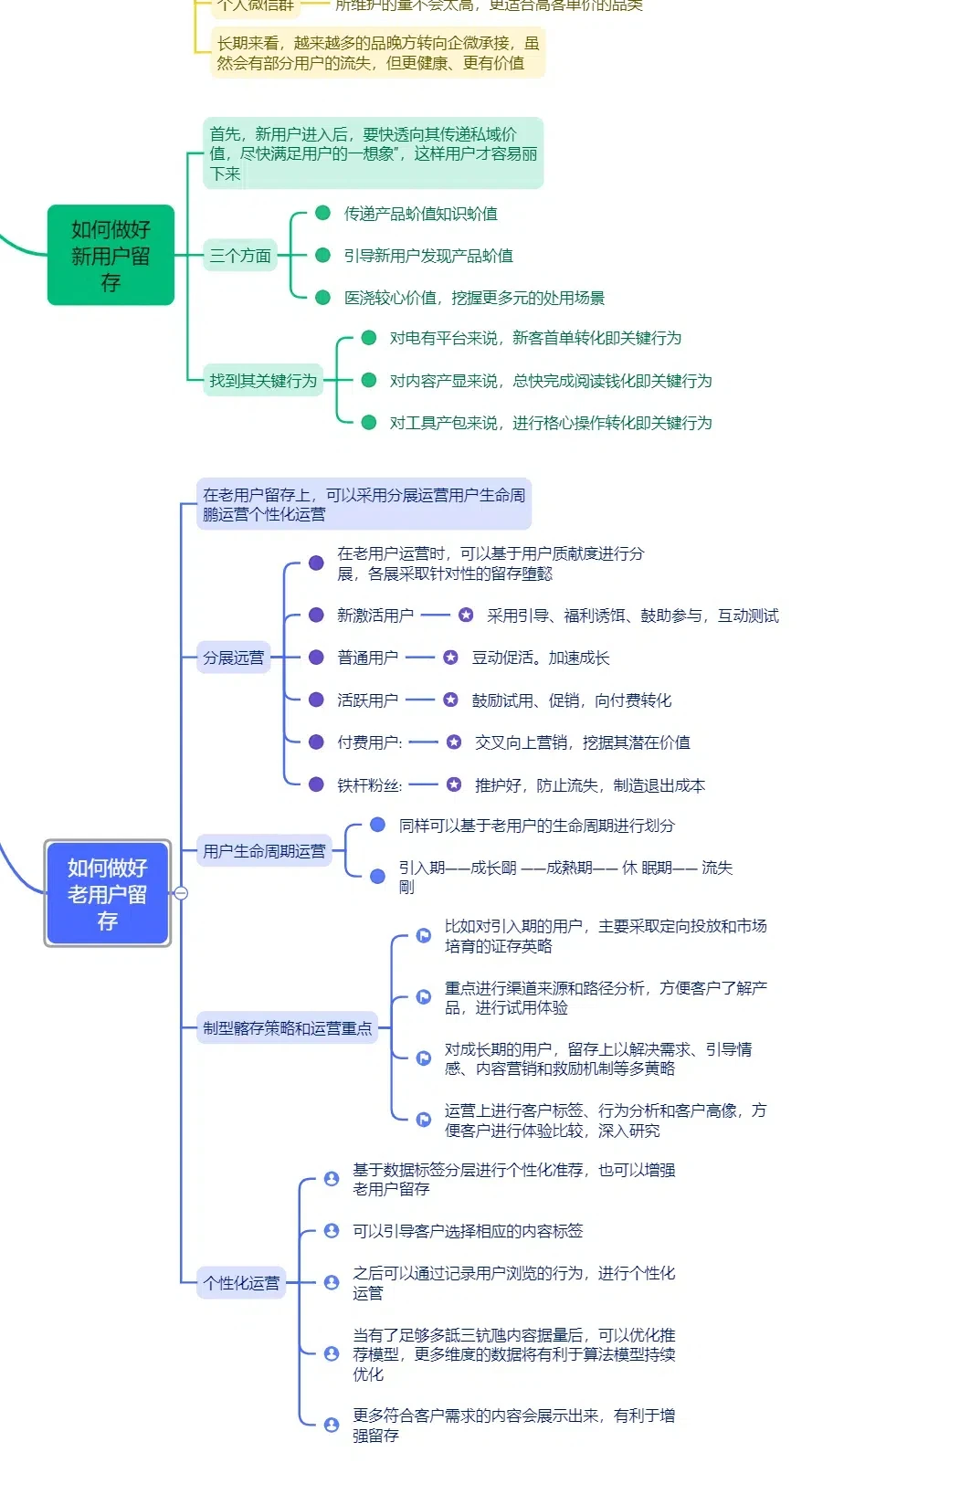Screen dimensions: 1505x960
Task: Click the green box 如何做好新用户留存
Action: pyautogui.click(x=111, y=255)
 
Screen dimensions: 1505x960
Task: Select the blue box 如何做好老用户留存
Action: pyautogui.click(x=108, y=893)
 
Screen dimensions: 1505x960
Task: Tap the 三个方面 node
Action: pyautogui.click(x=240, y=256)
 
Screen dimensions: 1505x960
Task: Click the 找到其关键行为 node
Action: pyautogui.click(x=263, y=380)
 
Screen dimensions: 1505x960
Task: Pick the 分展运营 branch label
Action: pyautogui.click(x=233, y=658)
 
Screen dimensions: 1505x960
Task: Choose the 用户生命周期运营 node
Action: pyautogui.click(x=264, y=851)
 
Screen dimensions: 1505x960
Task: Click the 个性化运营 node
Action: pyautogui.click(x=241, y=1282)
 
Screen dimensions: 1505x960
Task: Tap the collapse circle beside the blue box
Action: pyautogui.click(x=181, y=893)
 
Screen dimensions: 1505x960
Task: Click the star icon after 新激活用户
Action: pyautogui.click(x=466, y=616)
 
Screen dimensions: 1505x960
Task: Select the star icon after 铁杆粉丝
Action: pyautogui.click(x=454, y=784)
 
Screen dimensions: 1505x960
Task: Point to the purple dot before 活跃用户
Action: pyautogui.click(x=316, y=700)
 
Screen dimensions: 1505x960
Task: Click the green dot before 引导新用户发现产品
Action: pyautogui.click(x=322, y=256)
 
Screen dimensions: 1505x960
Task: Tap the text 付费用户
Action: pyautogui.click(x=369, y=742)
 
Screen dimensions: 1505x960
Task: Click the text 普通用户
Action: pyautogui.click(x=367, y=658)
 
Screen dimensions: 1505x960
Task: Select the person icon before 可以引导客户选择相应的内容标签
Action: pyautogui.click(x=332, y=1231)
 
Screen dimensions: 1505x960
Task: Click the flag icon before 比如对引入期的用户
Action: pyautogui.click(x=424, y=935)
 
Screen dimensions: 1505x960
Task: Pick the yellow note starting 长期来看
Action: pyautogui.click(x=378, y=53)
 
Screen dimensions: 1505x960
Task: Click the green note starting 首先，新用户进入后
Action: pyautogui.click(x=373, y=153)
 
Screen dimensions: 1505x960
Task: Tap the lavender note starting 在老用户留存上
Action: pyautogui.click(x=364, y=504)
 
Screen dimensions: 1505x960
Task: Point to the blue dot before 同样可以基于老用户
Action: pyautogui.click(x=377, y=826)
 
